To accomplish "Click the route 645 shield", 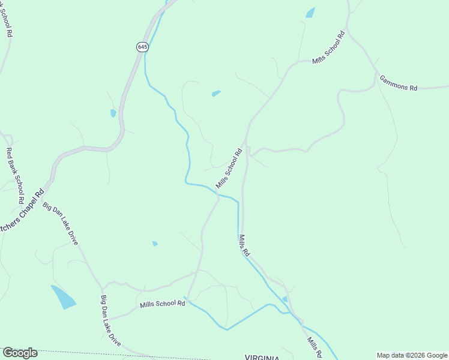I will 142,47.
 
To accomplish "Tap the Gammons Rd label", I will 397,83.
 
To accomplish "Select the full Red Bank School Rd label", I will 14,175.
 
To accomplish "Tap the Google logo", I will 20,353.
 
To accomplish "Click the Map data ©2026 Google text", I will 412,355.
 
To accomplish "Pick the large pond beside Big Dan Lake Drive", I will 64,296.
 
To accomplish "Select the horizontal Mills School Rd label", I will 162,304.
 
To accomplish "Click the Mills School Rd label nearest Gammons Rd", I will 329,47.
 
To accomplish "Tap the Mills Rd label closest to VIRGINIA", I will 314,346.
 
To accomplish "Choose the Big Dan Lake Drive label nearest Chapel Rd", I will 60,224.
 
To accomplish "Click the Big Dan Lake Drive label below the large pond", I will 110,320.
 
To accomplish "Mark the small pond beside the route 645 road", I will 113,113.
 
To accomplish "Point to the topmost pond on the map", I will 310,13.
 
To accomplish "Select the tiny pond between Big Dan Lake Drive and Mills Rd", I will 155,244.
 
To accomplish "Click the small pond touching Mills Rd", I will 285,298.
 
